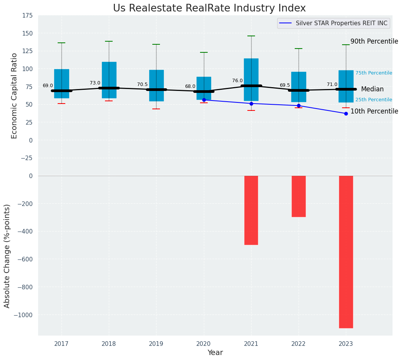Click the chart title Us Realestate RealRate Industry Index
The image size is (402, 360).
pyautogui.click(x=209, y=8)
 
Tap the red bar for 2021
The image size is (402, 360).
pyautogui.click(x=251, y=210)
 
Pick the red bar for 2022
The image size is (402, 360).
pyautogui.click(x=299, y=196)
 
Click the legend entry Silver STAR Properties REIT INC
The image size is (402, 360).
pyautogui.click(x=341, y=23)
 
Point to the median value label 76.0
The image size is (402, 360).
pyautogui.click(x=237, y=81)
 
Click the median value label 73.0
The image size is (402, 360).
pyautogui.click(x=95, y=83)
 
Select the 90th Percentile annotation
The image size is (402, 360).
pyautogui.click(x=374, y=41)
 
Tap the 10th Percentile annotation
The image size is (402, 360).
pyautogui.click(x=374, y=111)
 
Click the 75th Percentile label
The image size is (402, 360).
pyautogui.click(x=373, y=73)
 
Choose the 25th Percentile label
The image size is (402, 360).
pyautogui.click(x=373, y=100)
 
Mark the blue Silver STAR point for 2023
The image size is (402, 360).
pyautogui.click(x=346, y=114)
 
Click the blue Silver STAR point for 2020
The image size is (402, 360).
pyautogui.click(x=204, y=100)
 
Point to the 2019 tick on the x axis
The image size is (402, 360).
pyautogui.click(x=156, y=344)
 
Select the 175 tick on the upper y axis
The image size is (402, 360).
pyautogui.click(x=27, y=16)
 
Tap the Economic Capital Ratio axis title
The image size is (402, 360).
pyautogui.click(x=15, y=96)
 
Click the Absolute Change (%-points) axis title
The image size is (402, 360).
pyautogui.click(x=7, y=256)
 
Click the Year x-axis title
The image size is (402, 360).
pyautogui.click(x=215, y=353)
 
